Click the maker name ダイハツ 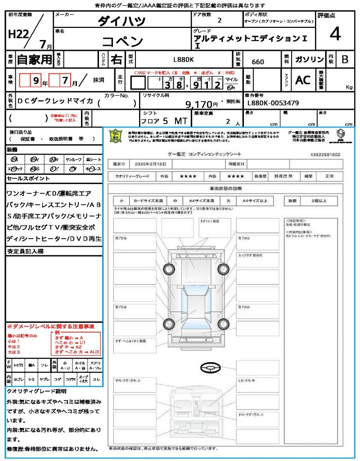tap(121, 21)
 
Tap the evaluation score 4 tap(335, 34)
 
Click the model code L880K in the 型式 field tap(184, 59)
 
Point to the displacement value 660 tap(258, 62)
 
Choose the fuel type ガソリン tap(309, 59)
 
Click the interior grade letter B tap(345, 59)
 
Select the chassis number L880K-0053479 tap(273, 103)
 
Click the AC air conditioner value tap(303, 80)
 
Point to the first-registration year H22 tap(18, 35)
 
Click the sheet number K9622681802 tap(325, 154)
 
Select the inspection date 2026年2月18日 tap(152, 164)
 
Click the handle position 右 tap(116, 59)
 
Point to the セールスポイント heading tap(22, 179)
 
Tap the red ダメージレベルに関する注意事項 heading tap(50, 326)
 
